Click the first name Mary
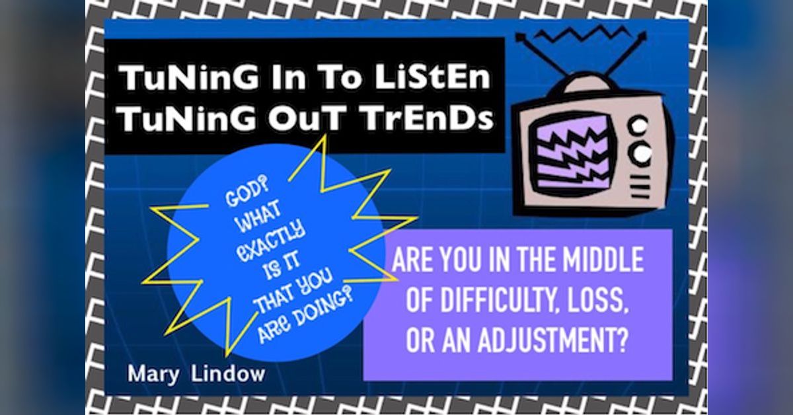click(154, 373)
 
